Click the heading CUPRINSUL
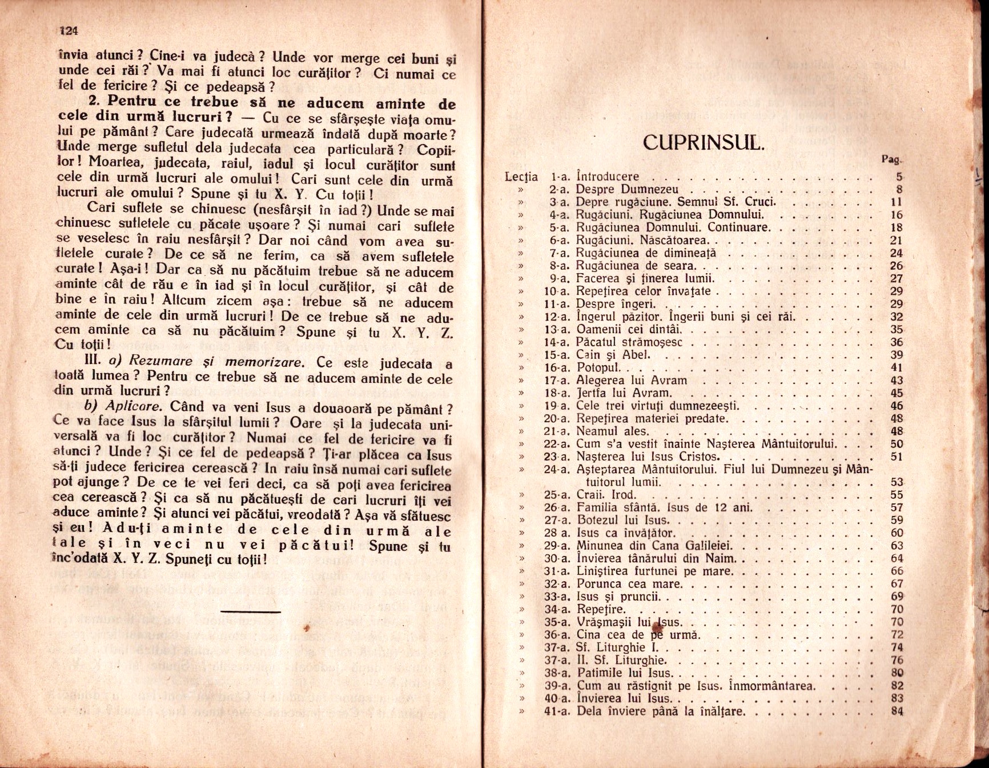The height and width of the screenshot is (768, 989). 702,142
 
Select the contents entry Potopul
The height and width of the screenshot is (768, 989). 598,367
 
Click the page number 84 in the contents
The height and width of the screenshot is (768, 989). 896,711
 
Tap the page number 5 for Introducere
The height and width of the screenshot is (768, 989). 899,177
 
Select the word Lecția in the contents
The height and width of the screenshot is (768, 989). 521,177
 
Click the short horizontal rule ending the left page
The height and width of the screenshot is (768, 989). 250,611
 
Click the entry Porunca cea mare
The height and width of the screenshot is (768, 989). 629,584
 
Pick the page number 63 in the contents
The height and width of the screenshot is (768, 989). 896,546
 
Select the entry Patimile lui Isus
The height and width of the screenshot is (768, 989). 625,673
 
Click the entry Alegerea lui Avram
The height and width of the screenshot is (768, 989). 632,381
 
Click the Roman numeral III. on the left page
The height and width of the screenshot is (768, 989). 93,362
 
